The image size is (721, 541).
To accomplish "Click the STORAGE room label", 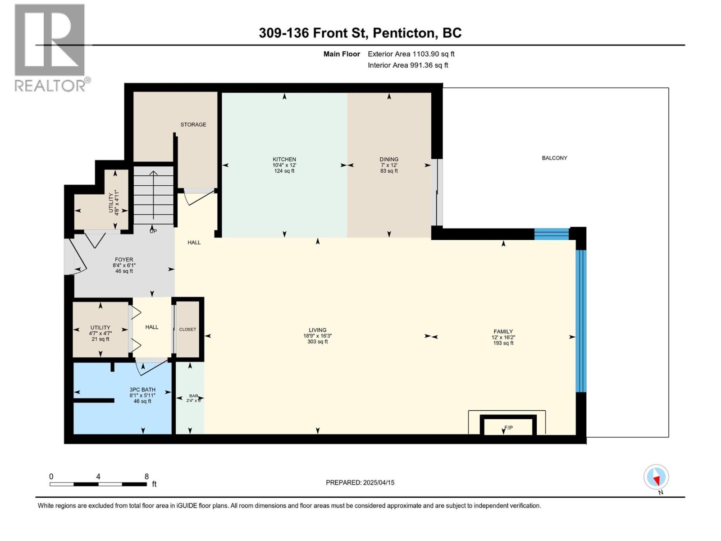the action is click(x=193, y=124).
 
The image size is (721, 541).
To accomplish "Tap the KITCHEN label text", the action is click(x=284, y=159).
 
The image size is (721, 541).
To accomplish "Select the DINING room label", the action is click(x=389, y=159).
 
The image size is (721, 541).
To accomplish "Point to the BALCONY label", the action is click(x=554, y=158).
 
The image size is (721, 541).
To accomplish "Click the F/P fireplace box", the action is click(x=508, y=425).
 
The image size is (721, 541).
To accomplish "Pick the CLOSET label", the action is click(x=187, y=329).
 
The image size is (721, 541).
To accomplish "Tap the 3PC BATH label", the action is click(x=142, y=390).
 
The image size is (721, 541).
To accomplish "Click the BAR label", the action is click(x=193, y=396).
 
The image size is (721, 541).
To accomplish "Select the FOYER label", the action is click(x=124, y=260).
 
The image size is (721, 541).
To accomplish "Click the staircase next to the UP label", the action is click(x=153, y=196).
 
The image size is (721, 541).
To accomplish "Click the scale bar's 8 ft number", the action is click(x=146, y=476).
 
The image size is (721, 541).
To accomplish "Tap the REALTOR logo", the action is click(x=51, y=48).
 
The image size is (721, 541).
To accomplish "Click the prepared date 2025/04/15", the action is click(x=379, y=482).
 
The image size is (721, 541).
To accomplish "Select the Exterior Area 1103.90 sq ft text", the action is click(x=411, y=54).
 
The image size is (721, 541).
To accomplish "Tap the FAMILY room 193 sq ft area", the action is click(x=503, y=343).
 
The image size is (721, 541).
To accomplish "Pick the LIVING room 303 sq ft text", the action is click(x=317, y=342).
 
